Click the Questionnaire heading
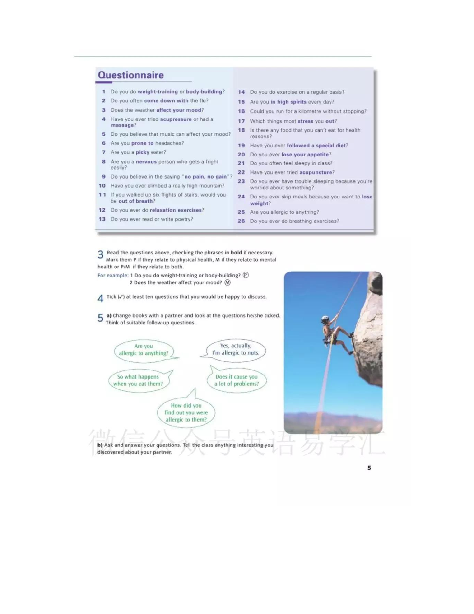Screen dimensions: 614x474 [130, 75]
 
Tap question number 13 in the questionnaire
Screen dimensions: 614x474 [102, 219]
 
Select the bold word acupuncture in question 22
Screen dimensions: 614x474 [316, 172]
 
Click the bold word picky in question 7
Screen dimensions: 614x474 [142, 152]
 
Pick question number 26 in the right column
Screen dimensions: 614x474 [241, 221]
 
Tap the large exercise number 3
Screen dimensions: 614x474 [100, 255]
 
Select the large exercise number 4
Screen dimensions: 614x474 [100, 298]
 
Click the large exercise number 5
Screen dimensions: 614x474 [100, 318]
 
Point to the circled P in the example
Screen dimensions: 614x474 [245, 275]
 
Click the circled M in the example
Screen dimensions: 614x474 [228, 282]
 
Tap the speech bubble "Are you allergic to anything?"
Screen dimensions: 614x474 [144, 350]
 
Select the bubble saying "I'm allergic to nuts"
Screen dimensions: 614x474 [236, 349]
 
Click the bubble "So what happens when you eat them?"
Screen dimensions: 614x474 [138, 380]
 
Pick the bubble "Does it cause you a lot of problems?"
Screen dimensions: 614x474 [236, 380]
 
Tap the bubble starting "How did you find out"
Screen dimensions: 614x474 [186, 413]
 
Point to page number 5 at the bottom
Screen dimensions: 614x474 [369, 468]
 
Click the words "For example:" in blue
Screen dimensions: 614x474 [113, 275]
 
